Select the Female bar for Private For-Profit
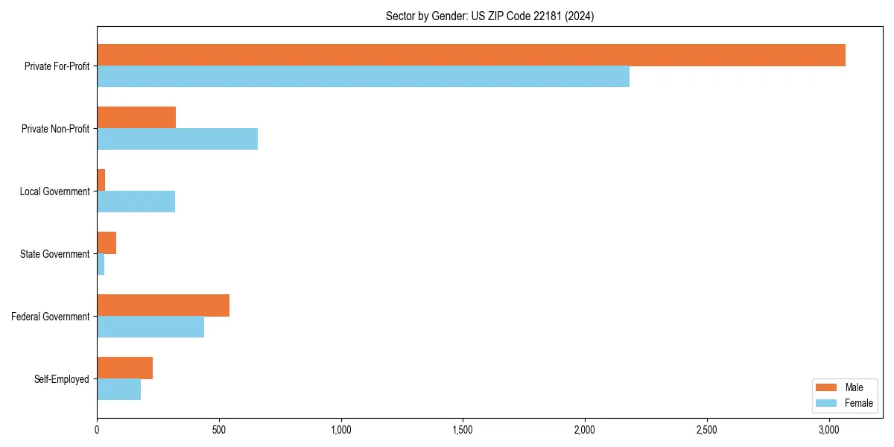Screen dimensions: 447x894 363,77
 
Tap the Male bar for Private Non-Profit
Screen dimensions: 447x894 136,118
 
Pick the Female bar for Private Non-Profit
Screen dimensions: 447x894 177,139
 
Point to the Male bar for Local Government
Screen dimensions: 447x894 101,180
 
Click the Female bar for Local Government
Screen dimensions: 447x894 136,202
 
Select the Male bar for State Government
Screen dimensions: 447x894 107,243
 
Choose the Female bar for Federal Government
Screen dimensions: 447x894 150,327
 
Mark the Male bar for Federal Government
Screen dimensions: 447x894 163,305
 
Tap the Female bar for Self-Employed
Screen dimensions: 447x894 118,390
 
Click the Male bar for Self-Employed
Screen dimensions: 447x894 124,368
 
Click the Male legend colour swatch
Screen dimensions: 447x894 826,387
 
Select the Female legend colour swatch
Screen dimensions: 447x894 826,403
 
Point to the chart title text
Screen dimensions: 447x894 489,16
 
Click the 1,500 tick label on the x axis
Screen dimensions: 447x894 463,430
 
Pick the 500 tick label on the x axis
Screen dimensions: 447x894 219,430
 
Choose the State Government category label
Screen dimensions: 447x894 55,254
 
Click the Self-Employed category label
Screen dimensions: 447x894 62,379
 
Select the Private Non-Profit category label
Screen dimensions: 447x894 55,129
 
